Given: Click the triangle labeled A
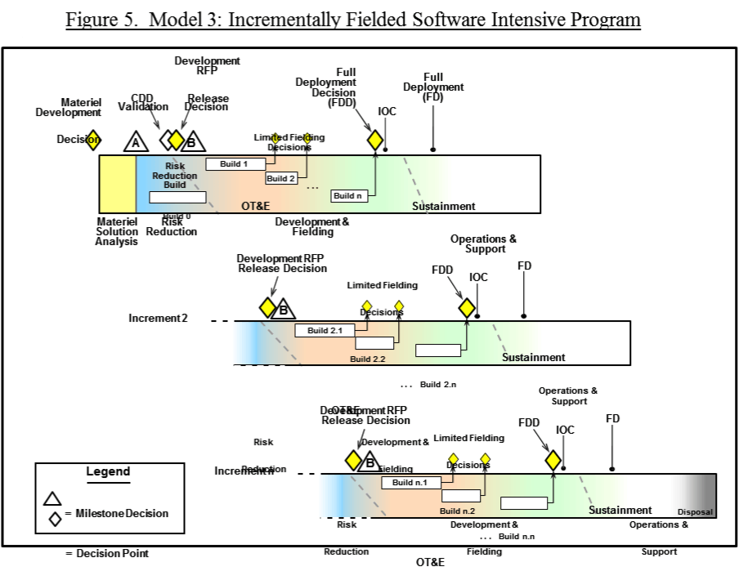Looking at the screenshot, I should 136,142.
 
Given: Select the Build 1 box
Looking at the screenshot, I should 235,164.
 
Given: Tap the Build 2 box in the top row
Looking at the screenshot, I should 281,178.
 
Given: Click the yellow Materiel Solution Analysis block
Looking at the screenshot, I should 117,184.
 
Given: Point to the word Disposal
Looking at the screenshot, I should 695,512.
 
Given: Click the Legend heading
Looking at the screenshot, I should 108,471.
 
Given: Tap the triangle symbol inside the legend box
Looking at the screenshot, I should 53,498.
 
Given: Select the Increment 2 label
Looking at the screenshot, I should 158,318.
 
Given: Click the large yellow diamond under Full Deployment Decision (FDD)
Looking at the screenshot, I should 375,141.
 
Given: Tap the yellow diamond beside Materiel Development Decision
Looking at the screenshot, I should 93,140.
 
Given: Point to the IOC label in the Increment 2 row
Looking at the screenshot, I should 478,277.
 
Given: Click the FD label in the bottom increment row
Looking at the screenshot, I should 612,418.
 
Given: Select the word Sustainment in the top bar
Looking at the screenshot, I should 443,206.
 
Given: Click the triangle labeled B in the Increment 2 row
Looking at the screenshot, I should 283,310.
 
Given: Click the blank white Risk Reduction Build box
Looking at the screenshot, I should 177,197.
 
